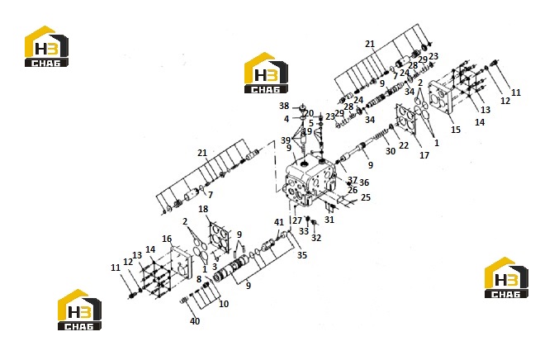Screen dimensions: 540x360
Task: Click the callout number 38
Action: tap(284, 106)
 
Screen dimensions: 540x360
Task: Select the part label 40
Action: tap(195, 321)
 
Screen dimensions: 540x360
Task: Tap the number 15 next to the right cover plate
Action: tap(455, 130)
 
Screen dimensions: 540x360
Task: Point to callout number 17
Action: tap(424, 155)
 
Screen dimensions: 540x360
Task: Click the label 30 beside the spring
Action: tap(391, 151)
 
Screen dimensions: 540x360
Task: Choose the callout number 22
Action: tap(404, 145)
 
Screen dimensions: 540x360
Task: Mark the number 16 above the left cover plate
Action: tap(167, 239)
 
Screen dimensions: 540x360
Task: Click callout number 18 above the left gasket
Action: tap(203, 209)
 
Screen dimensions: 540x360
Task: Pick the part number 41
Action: tap(278, 222)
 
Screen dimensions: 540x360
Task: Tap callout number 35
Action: tap(302, 255)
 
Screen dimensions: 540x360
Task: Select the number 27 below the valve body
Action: tap(297, 220)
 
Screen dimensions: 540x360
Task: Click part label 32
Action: tap(316, 238)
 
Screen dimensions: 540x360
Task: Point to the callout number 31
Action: tap(329, 220)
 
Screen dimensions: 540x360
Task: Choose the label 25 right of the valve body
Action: tap(366, 197)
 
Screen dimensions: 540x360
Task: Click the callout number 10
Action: tap(224, 304)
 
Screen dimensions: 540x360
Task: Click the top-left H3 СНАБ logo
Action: tap(46, 46)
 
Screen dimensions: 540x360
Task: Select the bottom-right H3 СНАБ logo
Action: tap(506, 277)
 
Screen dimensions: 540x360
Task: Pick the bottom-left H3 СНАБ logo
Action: tap(79, 310)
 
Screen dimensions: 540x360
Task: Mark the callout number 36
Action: tap(364, 182)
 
